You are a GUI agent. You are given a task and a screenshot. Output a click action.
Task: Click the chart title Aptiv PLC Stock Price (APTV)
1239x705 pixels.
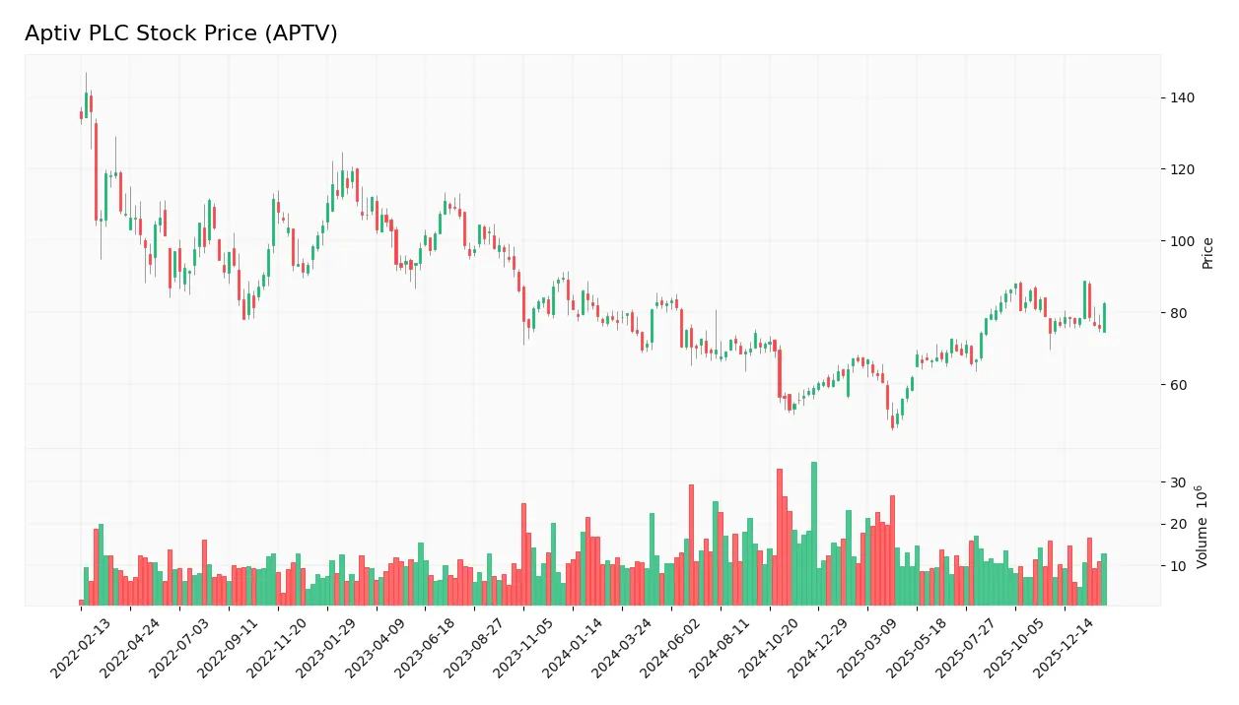[x=181, y=33]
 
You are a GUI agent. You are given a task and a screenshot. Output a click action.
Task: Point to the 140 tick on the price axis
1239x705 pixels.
[x=1183, y=97]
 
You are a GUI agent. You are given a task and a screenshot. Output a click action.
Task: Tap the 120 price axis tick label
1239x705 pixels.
[x=1183, y=169]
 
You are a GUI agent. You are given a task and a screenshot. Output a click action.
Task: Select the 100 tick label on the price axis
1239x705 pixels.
[x=1183, y=241]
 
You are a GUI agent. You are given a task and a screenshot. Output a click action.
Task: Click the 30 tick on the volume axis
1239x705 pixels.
[x=1178, y=482]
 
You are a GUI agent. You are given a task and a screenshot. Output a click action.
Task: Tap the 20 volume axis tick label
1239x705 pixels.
[x=1178, y=524]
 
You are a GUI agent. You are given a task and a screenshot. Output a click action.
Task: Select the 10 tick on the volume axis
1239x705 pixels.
[x=1178, y=566]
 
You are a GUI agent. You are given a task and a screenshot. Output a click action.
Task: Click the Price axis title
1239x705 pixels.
[x=1208, y=253]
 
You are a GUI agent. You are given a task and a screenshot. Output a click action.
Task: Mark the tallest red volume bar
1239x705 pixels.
[x=780, y=537]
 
